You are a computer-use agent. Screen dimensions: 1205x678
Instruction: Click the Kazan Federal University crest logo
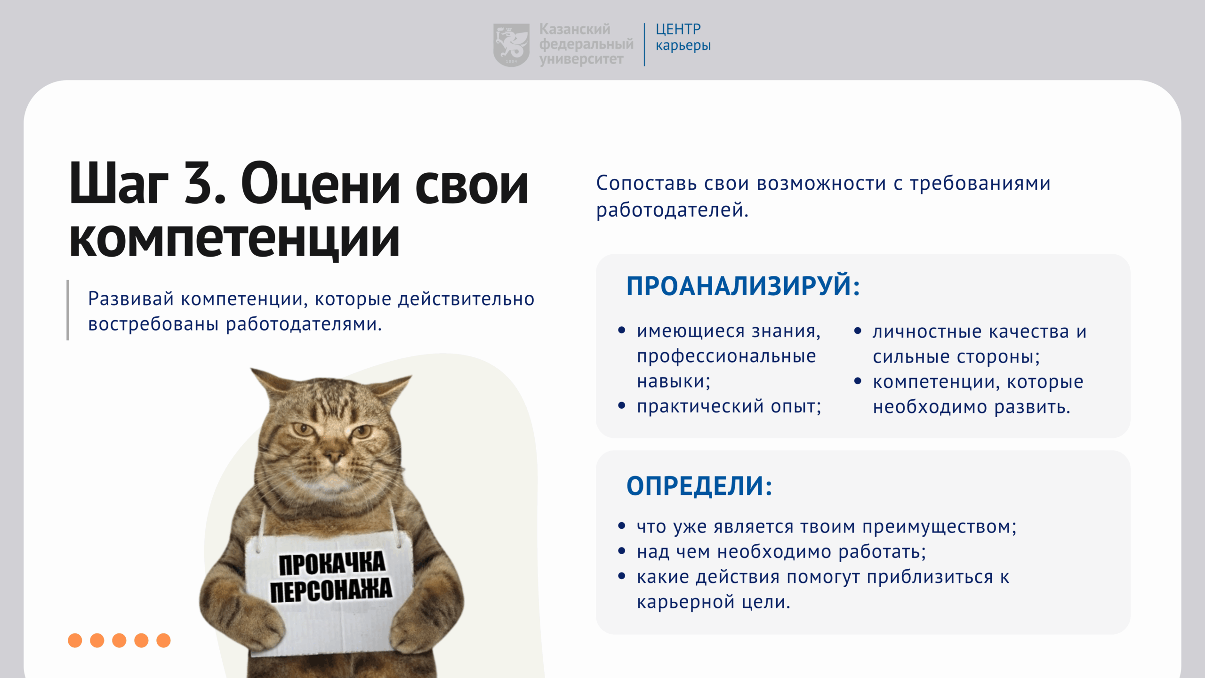click(511, 45)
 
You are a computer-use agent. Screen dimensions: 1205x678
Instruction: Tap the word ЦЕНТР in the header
click(678, 29)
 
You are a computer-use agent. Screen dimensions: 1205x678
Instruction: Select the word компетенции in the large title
click(234, 239)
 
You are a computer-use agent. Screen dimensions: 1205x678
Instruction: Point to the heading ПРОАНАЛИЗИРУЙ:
click(743, 286)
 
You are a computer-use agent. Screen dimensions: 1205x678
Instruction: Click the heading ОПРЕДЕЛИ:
click(699, 485)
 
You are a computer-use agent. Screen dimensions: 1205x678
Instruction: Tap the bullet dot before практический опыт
click(622, 405)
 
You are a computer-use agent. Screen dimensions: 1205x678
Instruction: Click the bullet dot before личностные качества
click(858, 331)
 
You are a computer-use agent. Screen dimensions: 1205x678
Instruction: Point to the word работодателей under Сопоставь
click(672, 210)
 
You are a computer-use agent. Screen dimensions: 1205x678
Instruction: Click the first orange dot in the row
click(75, 640)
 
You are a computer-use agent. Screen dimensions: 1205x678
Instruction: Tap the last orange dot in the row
click(163, 640)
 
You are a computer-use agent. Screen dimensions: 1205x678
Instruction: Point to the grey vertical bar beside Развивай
click(68, 310)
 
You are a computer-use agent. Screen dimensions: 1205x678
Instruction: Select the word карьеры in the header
click(683, 46)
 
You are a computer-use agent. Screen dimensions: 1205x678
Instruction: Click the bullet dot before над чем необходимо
click(622, 550)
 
